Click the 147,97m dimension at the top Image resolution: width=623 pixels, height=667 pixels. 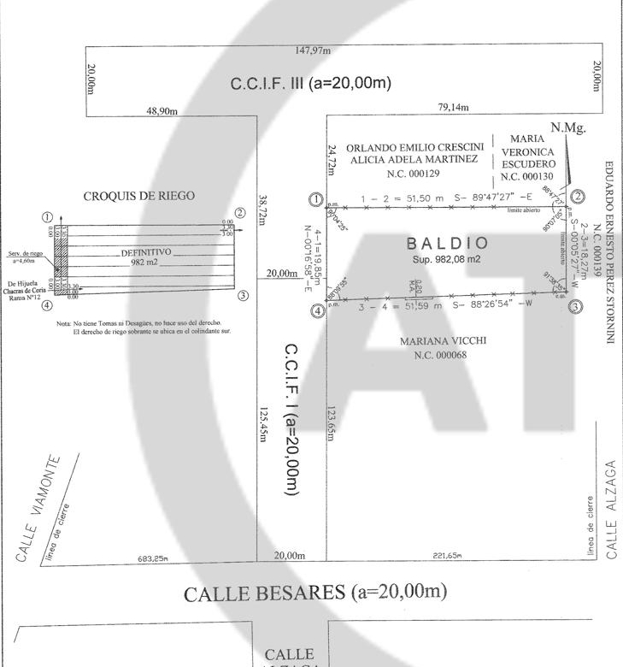click(x=312, y=50)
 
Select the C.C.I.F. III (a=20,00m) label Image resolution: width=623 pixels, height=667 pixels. click(x=311, y=84)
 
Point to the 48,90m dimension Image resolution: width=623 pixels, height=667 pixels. click(x=162, y=111)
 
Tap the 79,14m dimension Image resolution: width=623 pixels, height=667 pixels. click(x=453, y=108)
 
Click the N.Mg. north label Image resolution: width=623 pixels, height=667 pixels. click(x=567, y=127)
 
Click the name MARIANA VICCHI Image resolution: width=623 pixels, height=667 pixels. click(x=443, y=340)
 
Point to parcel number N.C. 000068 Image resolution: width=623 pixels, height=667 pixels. click(x=443, y=355)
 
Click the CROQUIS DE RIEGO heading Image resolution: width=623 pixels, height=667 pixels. click(x=138, y=196)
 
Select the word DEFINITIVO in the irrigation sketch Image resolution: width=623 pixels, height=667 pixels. click(x=146, y=253)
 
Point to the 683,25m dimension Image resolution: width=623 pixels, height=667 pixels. click(x=153, y=558)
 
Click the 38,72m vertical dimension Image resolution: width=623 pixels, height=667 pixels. click(x=264, y=209)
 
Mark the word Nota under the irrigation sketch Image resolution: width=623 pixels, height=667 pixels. click(x=63, y=322)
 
